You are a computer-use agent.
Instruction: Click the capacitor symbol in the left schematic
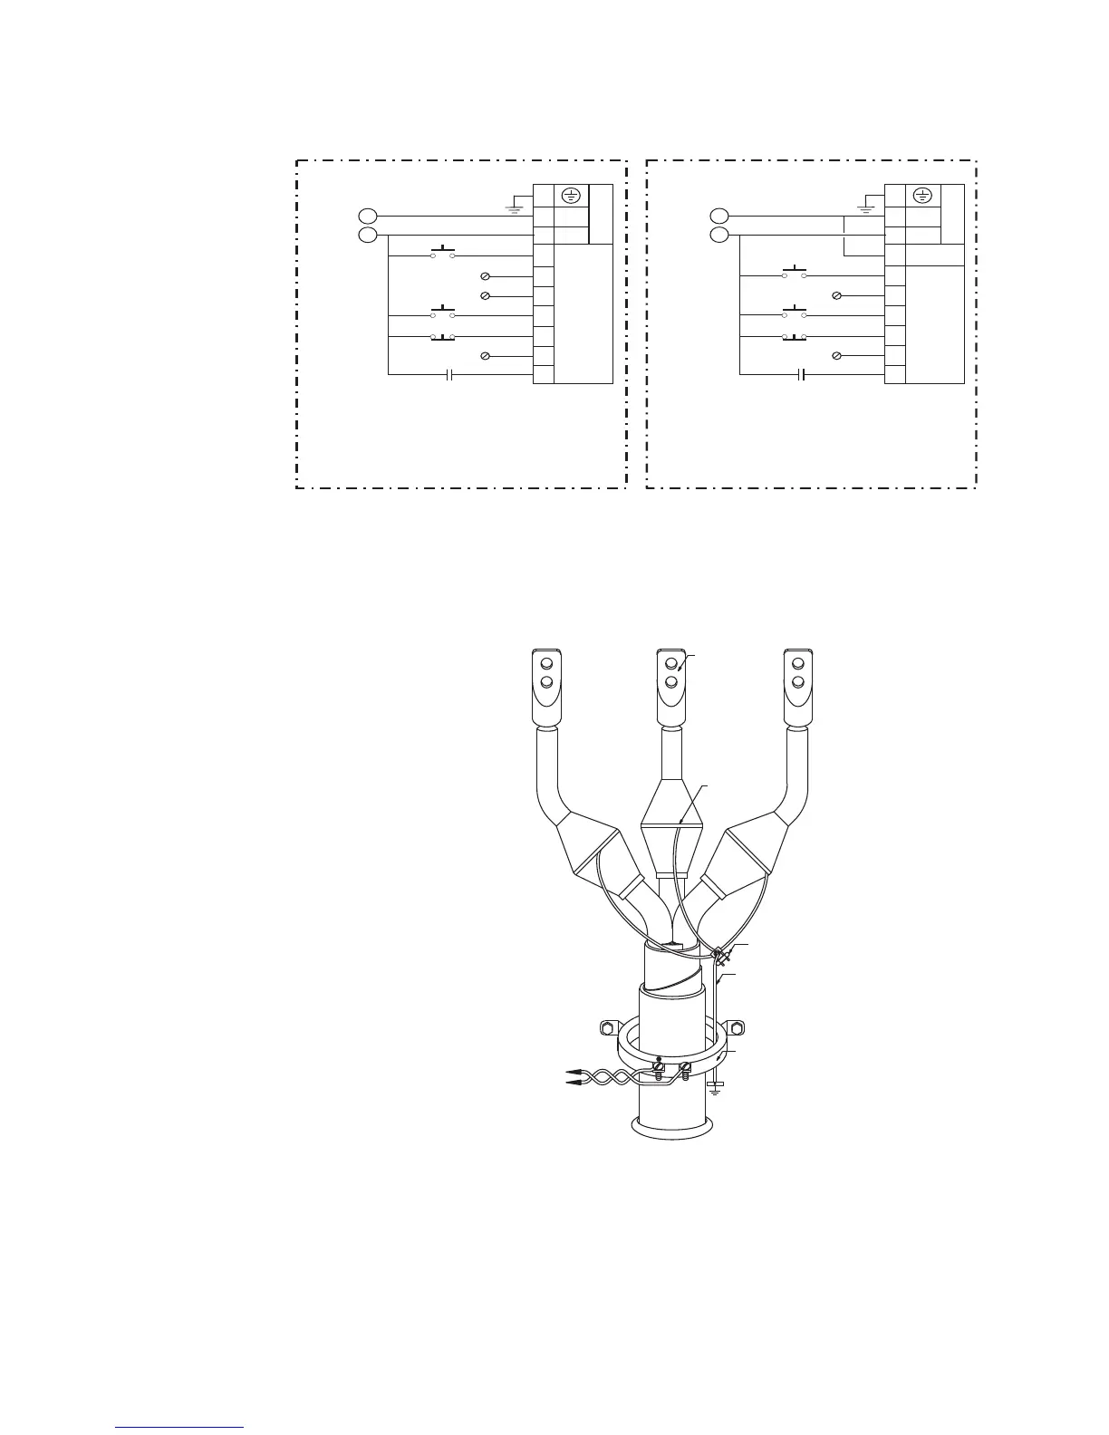(450, 374)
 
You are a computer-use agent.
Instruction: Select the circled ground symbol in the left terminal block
(571, 195)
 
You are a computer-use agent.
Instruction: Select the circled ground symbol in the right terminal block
(922, 195)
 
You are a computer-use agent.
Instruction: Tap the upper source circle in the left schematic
(366, 216)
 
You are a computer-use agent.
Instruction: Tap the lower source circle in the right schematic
(718, 236)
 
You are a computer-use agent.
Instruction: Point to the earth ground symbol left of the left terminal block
(515, 207)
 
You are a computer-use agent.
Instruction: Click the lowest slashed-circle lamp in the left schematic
(485, 356)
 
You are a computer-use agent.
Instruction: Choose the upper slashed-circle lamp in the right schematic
(837, 296)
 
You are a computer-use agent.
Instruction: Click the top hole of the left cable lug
(546, 664)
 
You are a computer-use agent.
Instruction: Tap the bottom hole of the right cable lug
(798, 681)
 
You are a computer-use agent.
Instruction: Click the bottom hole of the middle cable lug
(671, 681)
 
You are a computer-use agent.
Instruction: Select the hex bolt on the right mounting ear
(736, 1028)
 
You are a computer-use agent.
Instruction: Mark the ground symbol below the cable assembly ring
(716, 1085)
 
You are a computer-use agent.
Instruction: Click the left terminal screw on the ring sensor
(659, 1069)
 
